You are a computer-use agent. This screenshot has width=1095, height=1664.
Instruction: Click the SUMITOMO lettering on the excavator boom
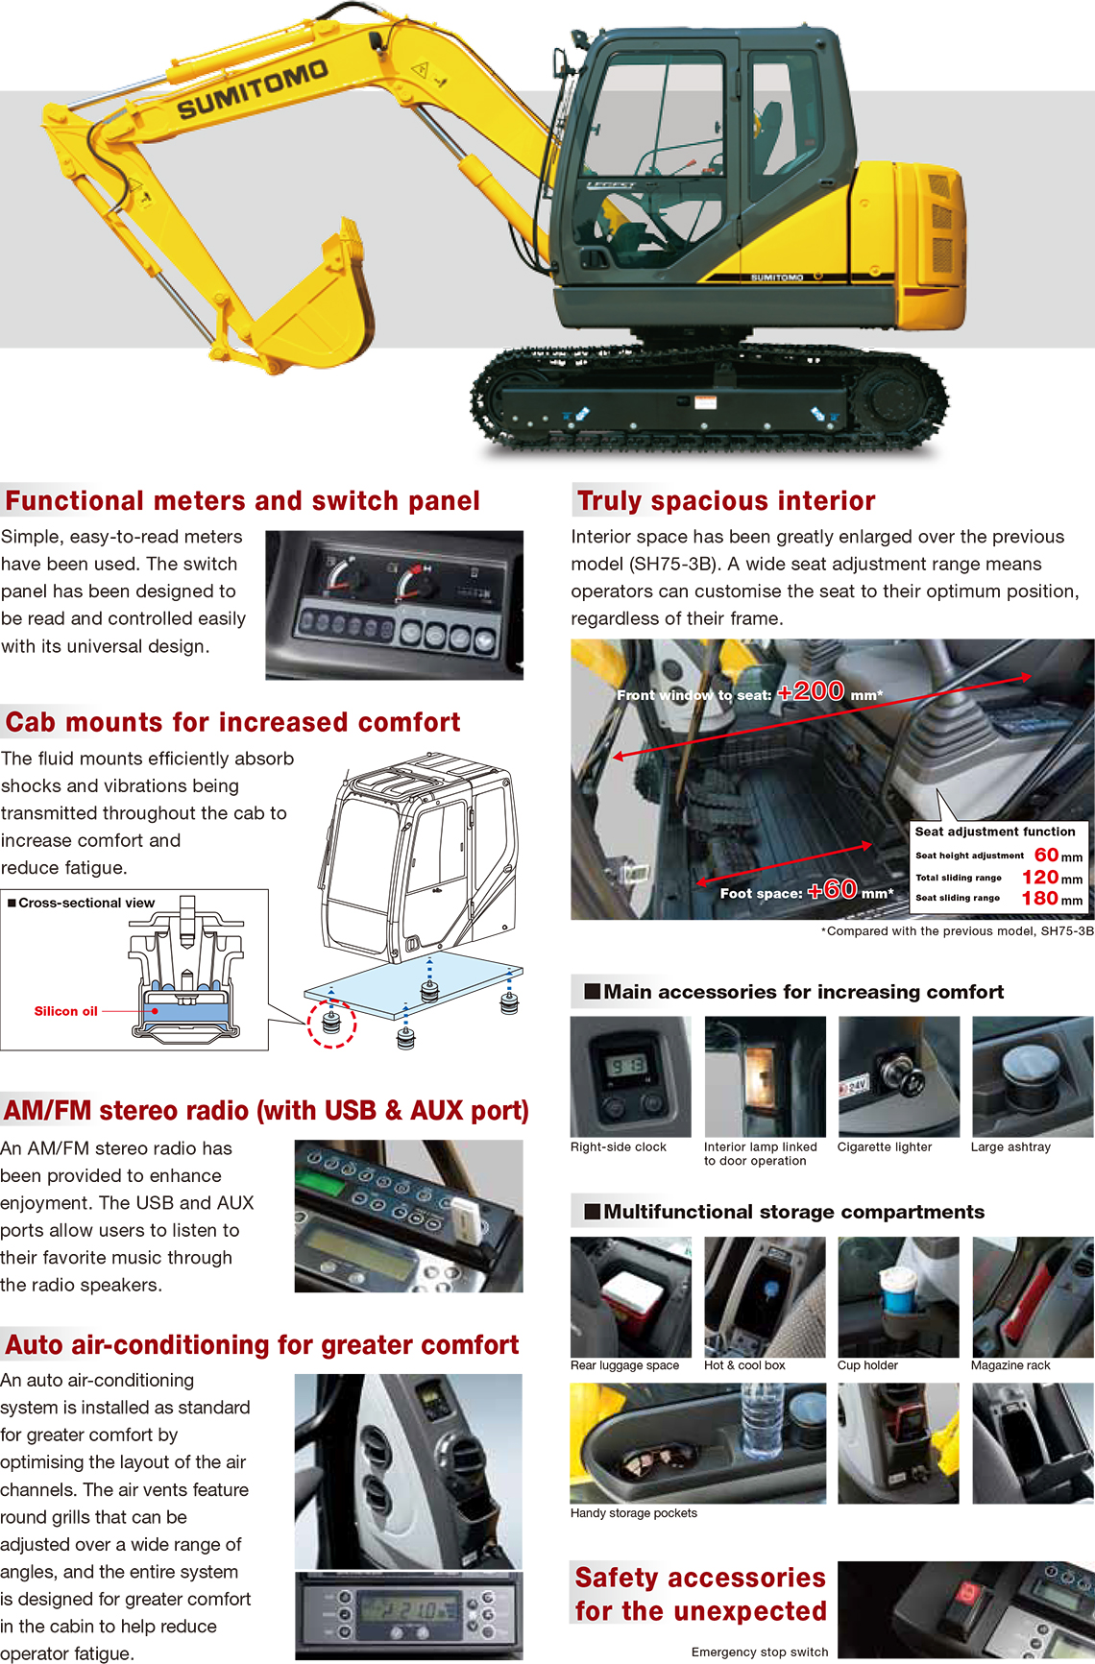(253, 89)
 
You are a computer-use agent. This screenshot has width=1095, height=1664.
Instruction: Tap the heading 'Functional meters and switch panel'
(243, 500)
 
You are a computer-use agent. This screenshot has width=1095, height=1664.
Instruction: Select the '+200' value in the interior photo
(811, 691)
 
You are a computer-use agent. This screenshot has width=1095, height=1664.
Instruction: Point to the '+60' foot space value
(832, 890)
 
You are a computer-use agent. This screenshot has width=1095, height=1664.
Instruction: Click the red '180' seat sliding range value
(1039, 899)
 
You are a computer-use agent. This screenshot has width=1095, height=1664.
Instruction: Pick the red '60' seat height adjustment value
(1046, 855)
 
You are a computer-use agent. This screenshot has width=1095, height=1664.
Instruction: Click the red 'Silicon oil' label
(66, 1011)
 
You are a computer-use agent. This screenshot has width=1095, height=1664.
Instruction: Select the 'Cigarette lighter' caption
(885, 1146)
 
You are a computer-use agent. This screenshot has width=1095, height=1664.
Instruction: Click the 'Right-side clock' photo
(631, 1076)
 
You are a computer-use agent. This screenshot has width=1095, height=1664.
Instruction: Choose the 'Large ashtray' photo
(1033, 1076)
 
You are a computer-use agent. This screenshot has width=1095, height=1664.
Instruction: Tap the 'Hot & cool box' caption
(744, 1365)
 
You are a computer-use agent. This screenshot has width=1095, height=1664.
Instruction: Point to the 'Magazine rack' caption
(1010, 1365)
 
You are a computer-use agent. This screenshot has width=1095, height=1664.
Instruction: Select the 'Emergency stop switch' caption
(760, 1652)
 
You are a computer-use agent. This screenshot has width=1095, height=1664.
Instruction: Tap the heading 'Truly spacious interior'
(726, 500)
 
